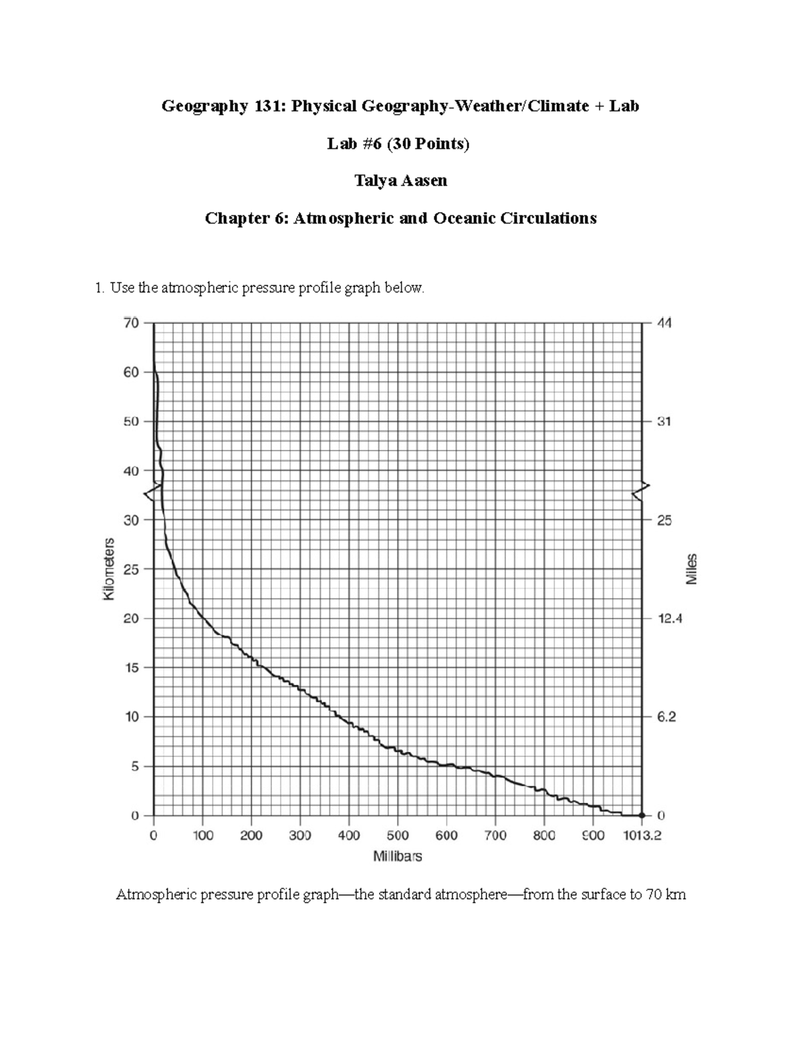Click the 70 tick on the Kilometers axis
coord(130,323)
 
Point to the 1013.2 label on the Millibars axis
coord(641,835)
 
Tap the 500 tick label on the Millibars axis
coord(398,835)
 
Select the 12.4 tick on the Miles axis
coord(670,619)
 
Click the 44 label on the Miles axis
coord(665,323)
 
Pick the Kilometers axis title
coord(110,569)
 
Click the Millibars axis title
coord(398,856)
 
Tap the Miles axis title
coord(692,569)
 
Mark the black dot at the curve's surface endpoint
coord(642,815)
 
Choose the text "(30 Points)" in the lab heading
coord(430,143)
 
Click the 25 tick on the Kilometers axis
coord(130,569)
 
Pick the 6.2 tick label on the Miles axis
coord(667,717)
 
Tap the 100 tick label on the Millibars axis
coord(203,835)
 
